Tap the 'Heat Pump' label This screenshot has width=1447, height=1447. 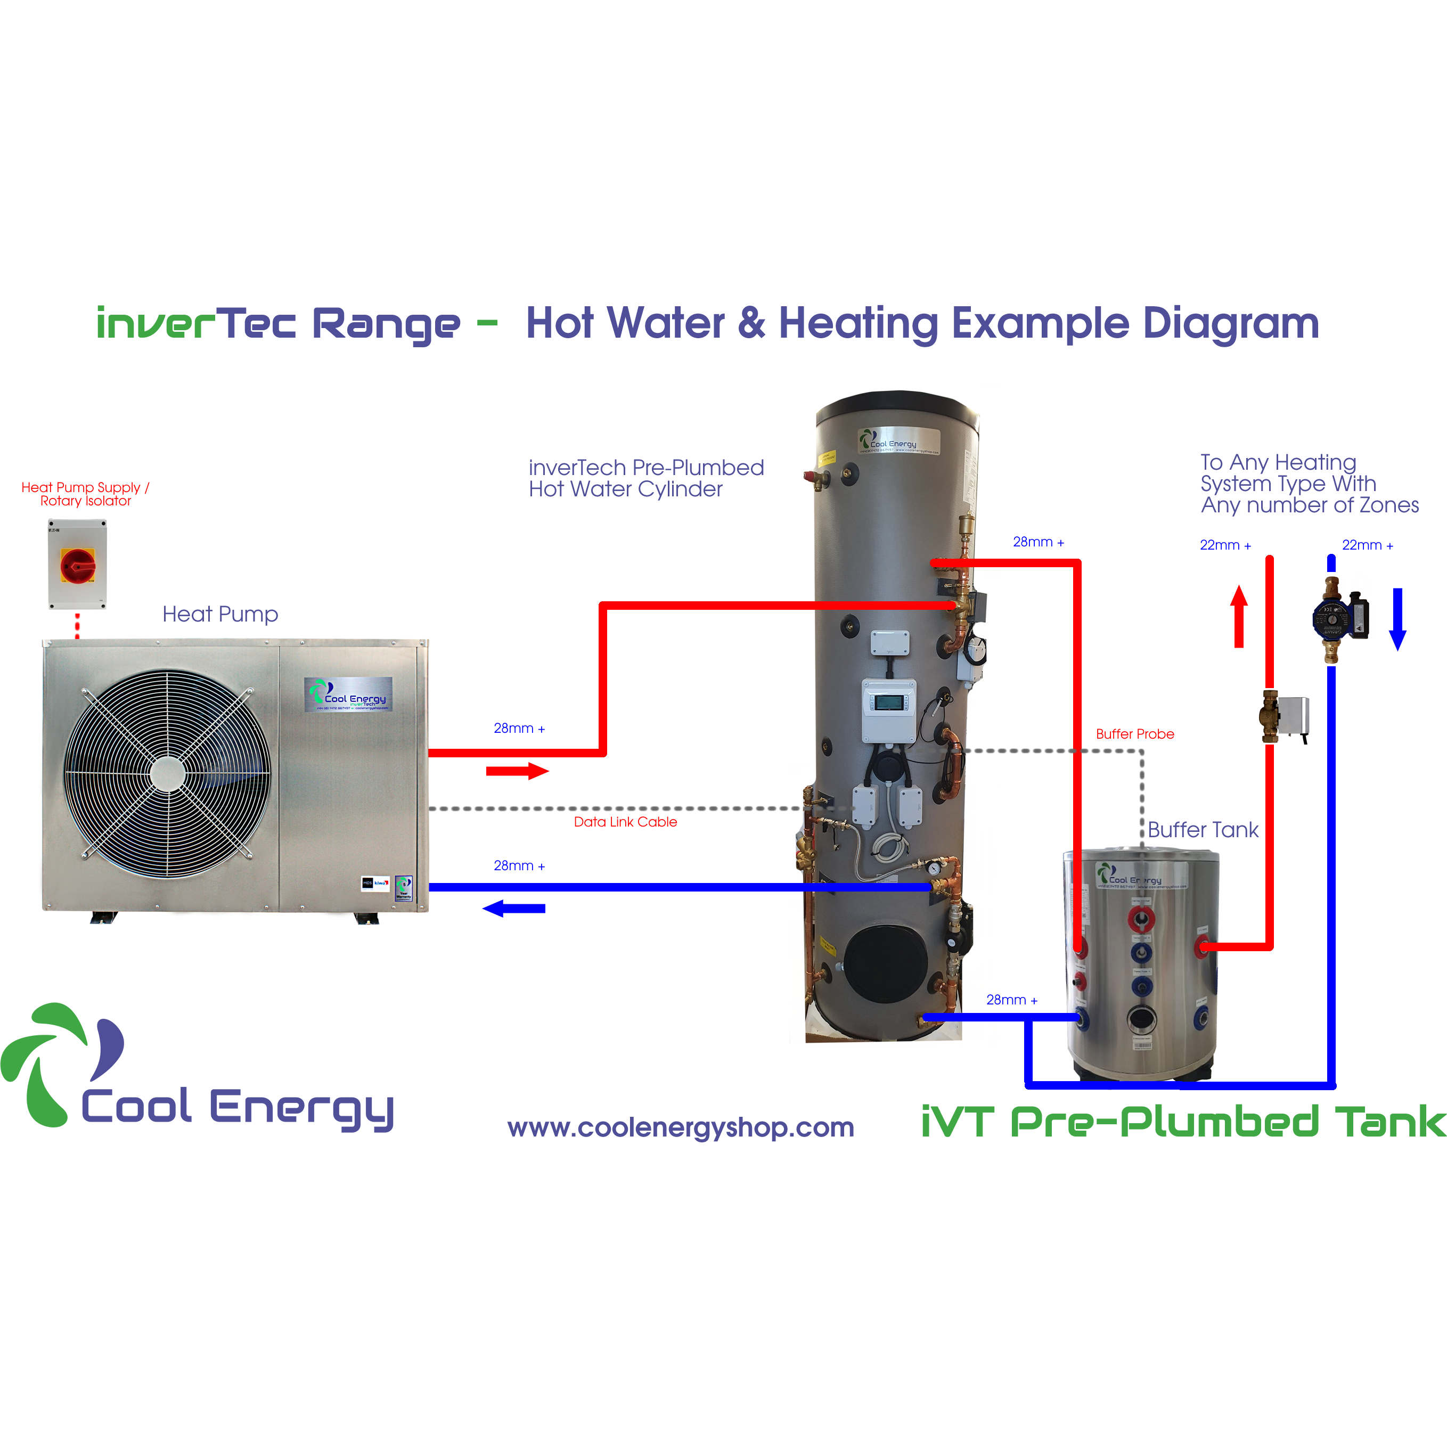click(220, 614)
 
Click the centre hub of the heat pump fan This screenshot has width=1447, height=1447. click(167, 774)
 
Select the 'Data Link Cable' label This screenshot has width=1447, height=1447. click(625, 822)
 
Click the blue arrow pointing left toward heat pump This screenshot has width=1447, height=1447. click(514, 909)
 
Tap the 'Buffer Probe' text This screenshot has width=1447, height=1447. click(1135, 734)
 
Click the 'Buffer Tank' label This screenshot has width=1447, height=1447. click(1203, 830)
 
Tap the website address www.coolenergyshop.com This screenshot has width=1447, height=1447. click(681, 1127)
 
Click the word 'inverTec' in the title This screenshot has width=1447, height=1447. click(196, 324)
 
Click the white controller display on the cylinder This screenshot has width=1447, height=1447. click(889, 702)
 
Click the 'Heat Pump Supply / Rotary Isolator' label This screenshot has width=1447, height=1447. click(85, 494)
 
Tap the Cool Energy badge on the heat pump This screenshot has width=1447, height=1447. click(348, 694)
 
